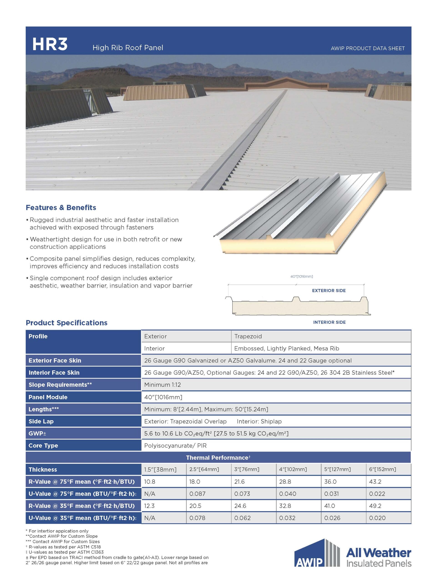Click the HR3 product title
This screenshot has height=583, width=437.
[50, 44]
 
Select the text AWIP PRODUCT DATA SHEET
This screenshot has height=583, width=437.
[367, 49]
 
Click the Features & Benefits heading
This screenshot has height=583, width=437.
[61, 208]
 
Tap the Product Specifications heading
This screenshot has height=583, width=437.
[67, 323]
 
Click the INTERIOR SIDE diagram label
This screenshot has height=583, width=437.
[329, 322]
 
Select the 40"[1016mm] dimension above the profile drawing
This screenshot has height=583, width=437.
[301, 276]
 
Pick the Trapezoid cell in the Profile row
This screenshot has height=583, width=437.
[248, 336]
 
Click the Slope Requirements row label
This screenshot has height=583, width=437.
[60, 385]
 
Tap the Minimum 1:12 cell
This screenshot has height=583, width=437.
[162, 385]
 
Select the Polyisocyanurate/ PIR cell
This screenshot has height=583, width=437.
[175, 446]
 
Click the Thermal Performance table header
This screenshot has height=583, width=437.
[218, 458]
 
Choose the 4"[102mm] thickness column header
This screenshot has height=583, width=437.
[293, 469]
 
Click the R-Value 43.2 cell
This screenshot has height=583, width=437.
[375, 482]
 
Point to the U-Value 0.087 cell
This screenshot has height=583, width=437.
[197, 494]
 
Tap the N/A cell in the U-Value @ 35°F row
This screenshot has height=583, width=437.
[149, 518]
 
